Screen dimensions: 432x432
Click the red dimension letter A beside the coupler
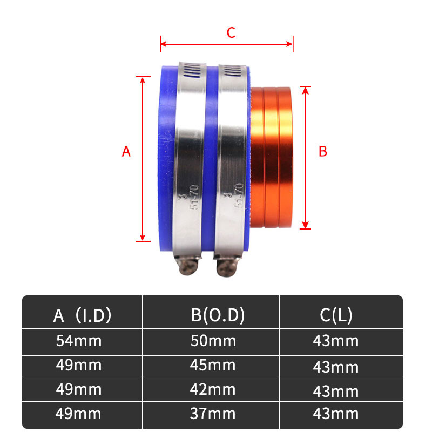click(126, 152)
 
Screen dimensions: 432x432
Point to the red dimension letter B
click(323, 152)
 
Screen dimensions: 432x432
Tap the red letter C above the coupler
click(231, 33)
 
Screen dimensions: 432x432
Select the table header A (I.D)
click(83, 315)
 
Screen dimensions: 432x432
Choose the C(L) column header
click(336, 315)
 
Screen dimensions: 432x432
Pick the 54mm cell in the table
click(79, 341)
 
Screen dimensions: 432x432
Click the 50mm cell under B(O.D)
click(213, 341)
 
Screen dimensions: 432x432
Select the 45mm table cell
click(213, 365)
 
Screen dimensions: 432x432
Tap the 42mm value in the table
click(213, 389)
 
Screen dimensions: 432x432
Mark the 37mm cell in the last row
click(213, 414)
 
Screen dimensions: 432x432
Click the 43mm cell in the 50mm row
click(335, 341)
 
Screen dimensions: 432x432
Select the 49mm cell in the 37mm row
click(79, 414)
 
